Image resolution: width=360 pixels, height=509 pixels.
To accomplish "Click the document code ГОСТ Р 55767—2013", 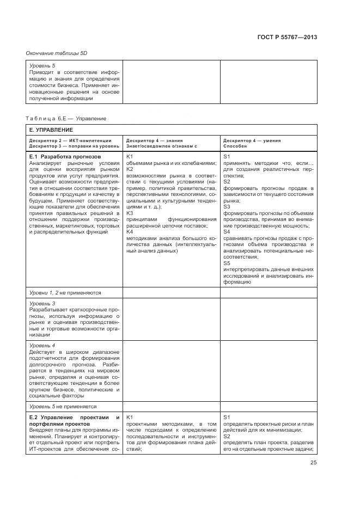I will (287, 37).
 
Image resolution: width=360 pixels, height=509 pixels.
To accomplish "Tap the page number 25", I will (313, 463).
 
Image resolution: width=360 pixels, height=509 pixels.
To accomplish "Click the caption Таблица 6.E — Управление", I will (66, 118).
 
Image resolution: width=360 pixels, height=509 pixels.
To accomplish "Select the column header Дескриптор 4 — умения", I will (252, 140).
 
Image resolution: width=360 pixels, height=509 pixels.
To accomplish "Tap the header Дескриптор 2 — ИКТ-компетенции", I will (70, 140).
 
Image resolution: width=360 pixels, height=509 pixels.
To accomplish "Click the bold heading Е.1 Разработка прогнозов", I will (64, 156).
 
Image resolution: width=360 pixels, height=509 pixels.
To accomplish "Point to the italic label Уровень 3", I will (42, 303).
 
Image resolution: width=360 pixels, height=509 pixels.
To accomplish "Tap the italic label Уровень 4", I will (42, 345).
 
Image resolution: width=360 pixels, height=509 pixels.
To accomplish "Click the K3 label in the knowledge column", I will (130, 213).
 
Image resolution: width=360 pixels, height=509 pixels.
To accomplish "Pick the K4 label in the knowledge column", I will (130, 232).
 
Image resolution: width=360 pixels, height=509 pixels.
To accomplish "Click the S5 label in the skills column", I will (227, 263).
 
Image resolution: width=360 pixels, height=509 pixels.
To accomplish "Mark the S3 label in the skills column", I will (227, 207).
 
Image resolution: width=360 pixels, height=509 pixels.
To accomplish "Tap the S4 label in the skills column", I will (227, 232).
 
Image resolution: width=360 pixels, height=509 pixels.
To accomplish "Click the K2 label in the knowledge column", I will (130, 169).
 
